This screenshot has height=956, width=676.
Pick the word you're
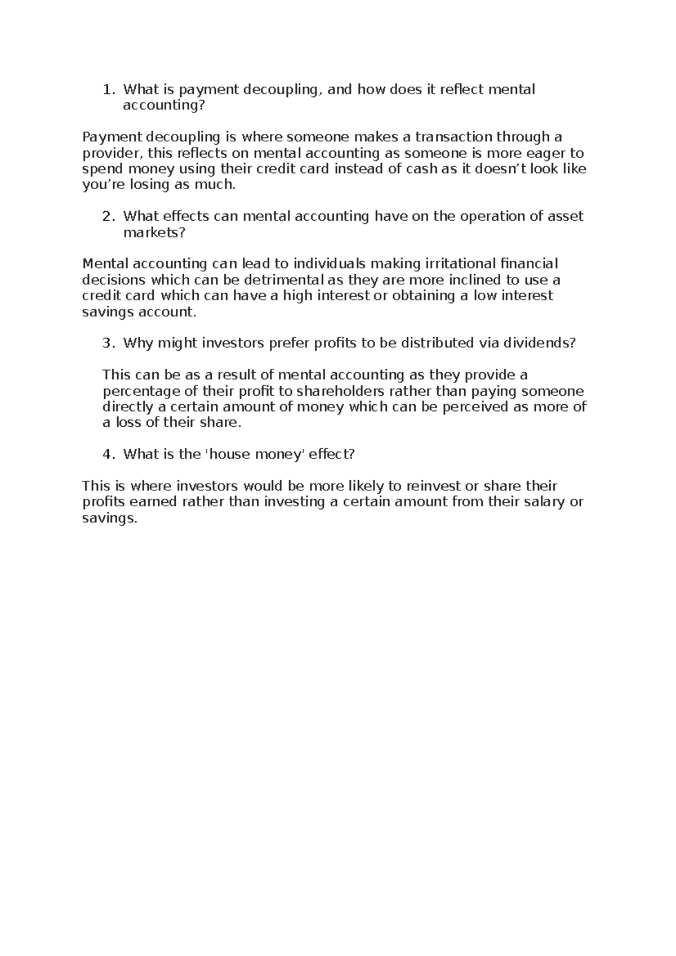pos(101,185)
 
